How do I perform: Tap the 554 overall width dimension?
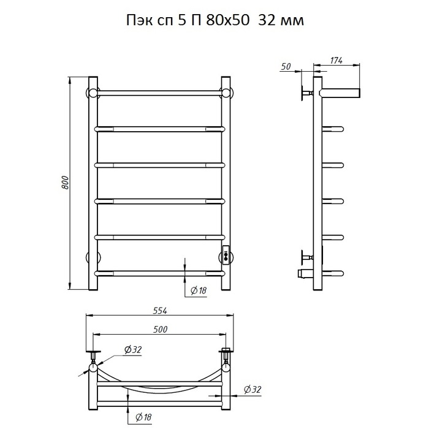tap(159, 311)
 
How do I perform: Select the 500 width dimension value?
tap(160, 330)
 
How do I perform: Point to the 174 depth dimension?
tap(336, 61)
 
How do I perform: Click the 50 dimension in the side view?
tap(286, 66)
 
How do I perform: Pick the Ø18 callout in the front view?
tap(199, 290)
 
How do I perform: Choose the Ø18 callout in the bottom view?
tap(143, 417)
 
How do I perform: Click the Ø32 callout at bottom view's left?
tap(133, 349)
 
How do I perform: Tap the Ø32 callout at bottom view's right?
tap(252, 389)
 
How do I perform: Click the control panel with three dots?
tap(226, 256)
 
